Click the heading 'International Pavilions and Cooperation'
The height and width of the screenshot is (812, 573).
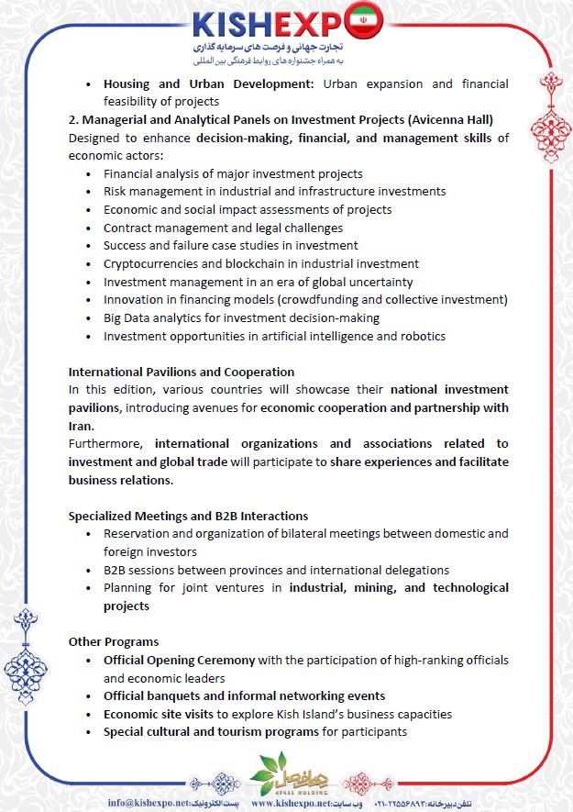pyautogui.click(x=181, y=372)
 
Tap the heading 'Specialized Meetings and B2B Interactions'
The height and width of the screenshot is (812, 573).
pyautogui.click(x=188, y=516)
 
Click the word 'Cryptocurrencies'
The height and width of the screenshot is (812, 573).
pyautogui.click(x=148, y=263)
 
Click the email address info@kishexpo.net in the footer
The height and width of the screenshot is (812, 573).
pyautogui.click(x=149, y=802)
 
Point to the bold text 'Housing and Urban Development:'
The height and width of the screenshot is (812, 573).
pyautogui.click(x=208, y=83)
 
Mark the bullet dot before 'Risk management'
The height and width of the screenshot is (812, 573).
pyautogui.click(x=88, y=192)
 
